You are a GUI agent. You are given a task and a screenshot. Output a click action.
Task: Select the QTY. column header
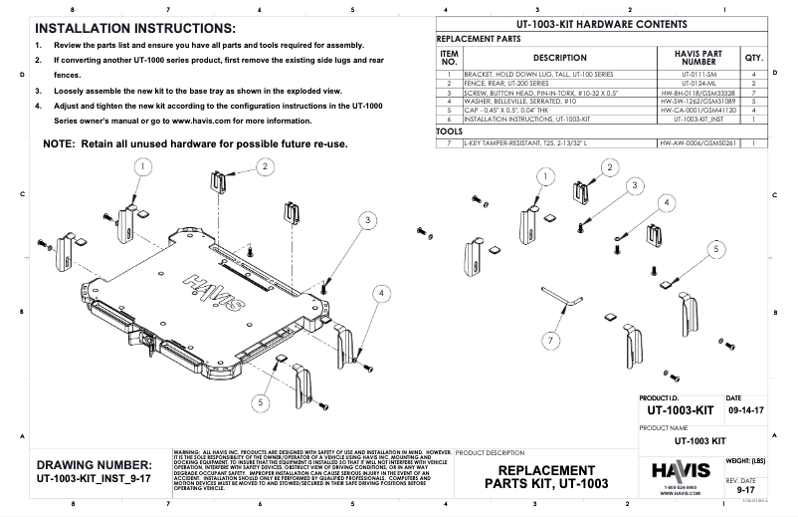(753, 58)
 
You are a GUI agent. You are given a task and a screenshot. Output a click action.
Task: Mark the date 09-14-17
(747, 409)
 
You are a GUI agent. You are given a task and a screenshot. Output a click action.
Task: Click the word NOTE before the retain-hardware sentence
(64, 144)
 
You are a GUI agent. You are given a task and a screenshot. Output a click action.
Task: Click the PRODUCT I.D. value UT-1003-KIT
(681, 409)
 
